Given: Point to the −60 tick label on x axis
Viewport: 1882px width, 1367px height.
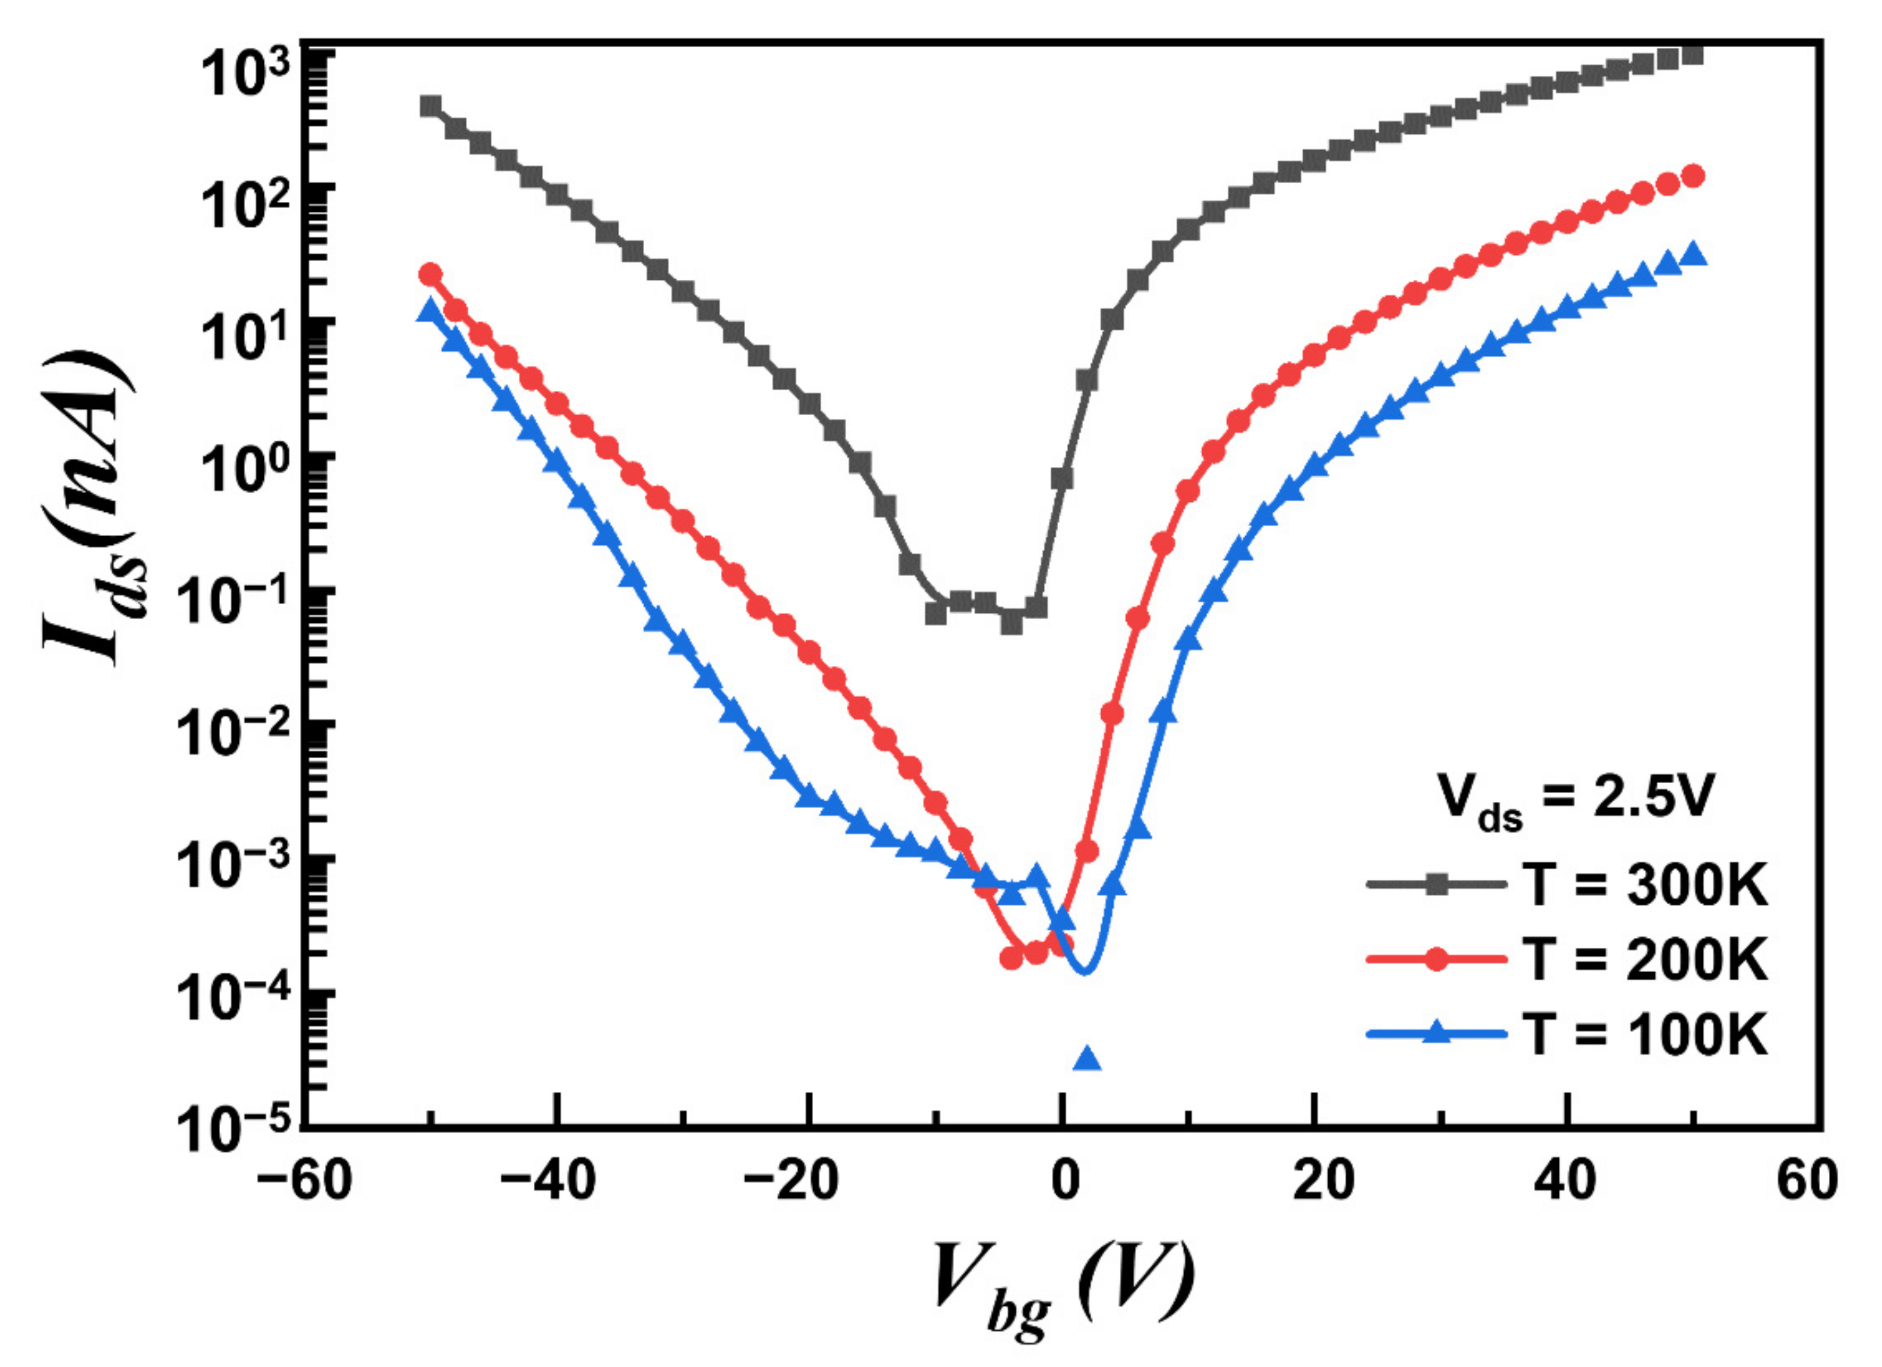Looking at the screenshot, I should [304, 1182].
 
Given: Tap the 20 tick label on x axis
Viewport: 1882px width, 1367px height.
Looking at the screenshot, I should [1323, 1182].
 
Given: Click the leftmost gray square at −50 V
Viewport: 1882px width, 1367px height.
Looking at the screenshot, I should [430, 106].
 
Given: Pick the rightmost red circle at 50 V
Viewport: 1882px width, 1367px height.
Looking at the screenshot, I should [1694, 176].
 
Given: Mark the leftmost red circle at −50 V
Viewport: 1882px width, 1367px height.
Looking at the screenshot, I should [430, 274].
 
